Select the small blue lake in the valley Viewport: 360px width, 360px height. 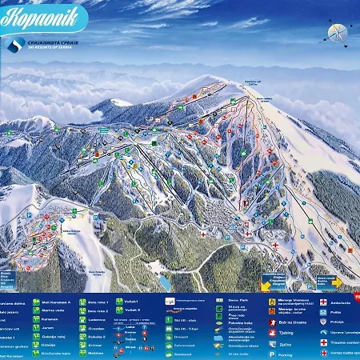tap(164, 282)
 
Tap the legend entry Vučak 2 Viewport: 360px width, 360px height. tap(132, 310)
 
